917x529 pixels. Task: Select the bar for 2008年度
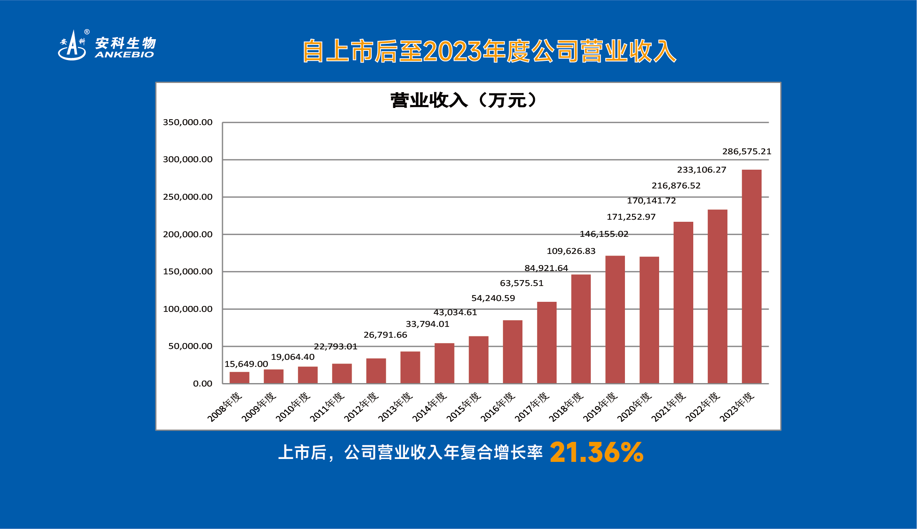point(239,378)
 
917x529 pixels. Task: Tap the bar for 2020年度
point(649,320)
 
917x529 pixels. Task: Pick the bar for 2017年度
point(547,342)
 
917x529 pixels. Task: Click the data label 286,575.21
point(747,151)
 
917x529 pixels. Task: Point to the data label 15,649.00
point(246,364)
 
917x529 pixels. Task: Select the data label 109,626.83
point(571,251)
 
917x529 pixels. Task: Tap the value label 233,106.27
point(701,170)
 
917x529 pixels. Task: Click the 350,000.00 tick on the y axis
point(187,122)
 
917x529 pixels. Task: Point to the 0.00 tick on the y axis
point(202,384)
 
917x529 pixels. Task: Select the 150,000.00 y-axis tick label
point(187,271)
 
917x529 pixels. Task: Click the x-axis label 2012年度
point(361,407)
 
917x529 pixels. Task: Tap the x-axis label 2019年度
point(600,407)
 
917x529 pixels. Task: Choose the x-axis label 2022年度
point(702,407)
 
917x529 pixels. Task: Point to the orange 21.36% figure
point(596,452)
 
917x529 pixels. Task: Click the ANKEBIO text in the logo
point(124,55)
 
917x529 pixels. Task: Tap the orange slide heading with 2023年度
point(489,51)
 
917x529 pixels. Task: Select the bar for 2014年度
point(444,363)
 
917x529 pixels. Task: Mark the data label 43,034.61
point(455,312)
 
